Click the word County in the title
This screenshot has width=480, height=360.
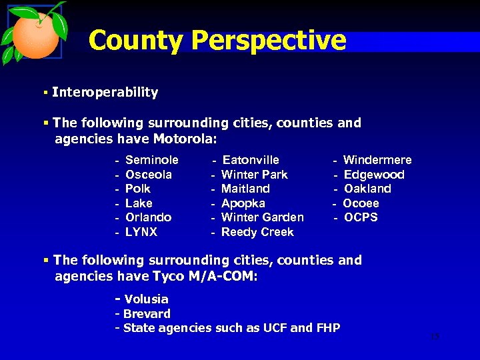[136, 41]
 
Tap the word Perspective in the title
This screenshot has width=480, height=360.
[269, 41]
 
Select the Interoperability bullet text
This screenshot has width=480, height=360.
[105, 93]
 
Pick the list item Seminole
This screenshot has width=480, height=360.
[152, 160]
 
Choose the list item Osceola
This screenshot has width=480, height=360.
[149, 175]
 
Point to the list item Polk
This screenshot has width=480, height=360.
[138, 189]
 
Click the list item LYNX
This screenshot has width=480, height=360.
[141, 232]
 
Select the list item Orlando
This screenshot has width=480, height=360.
[148, 217]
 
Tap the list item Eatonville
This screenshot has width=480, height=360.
[251, 160]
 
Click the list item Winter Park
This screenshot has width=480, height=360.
[255, 175]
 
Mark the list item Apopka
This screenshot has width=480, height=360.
[243, 203]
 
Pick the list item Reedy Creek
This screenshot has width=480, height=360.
[257, 232]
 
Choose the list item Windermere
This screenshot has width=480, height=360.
[377, 160]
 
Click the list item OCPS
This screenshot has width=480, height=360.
[361, 217]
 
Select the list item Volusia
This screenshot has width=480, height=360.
[146, 299]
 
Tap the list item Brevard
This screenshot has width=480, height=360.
[147, 313]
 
